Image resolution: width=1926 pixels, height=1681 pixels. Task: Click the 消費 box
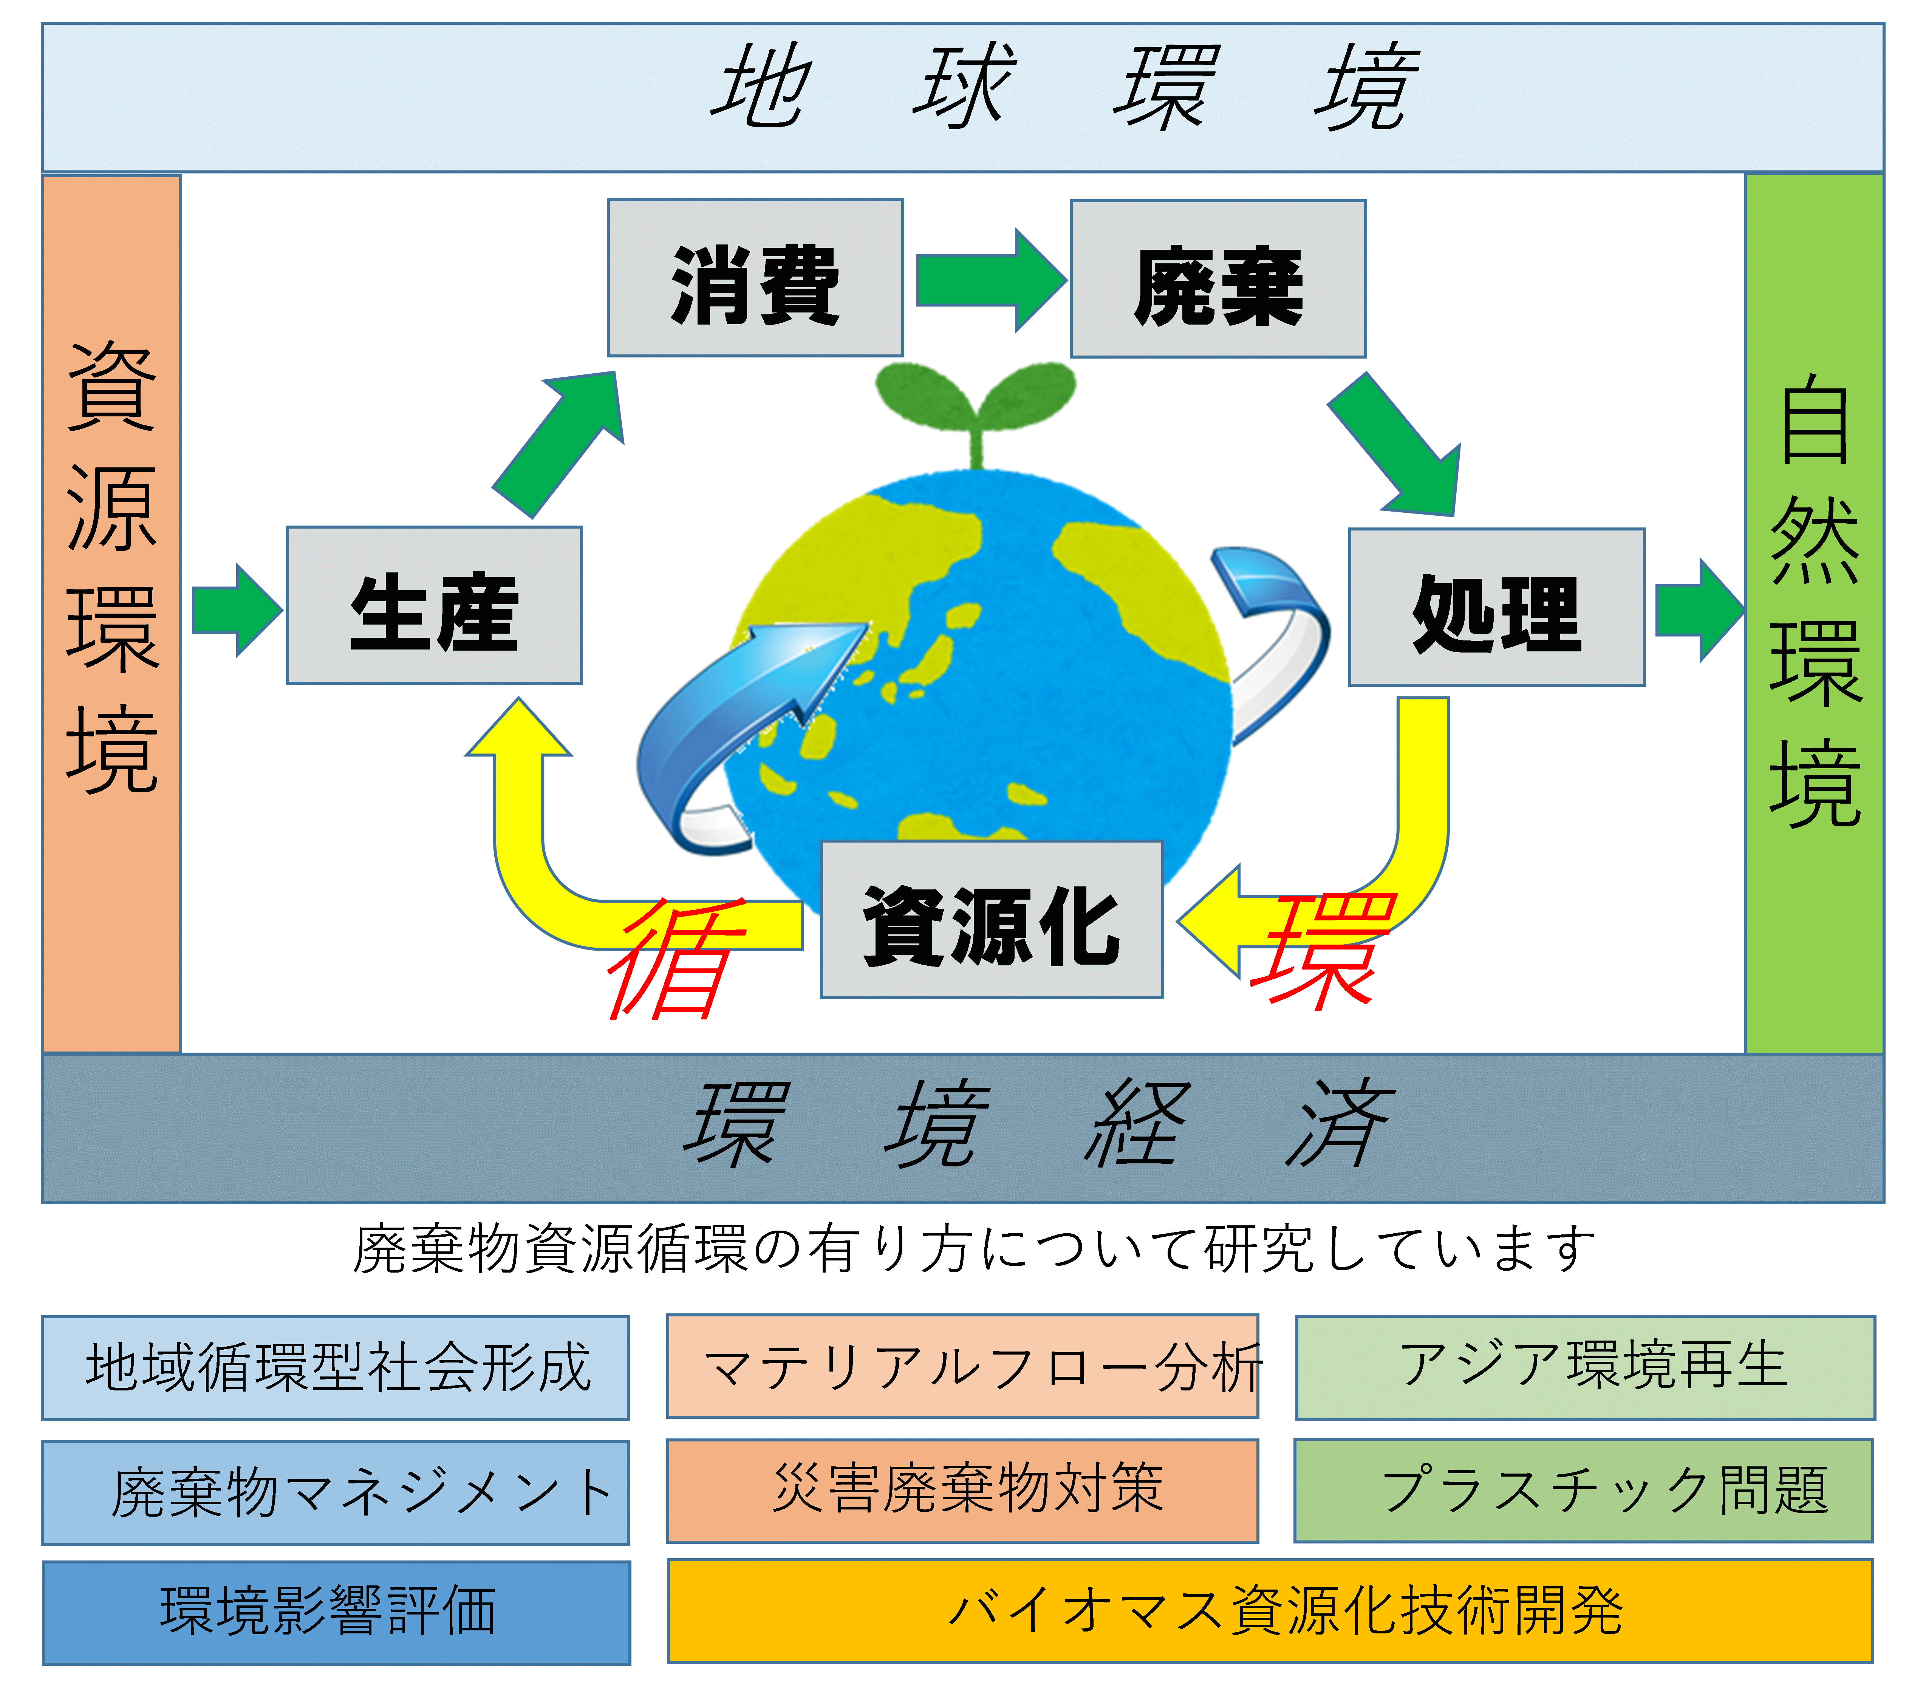click(755, 278)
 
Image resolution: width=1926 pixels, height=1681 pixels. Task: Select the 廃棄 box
click(1218, 278)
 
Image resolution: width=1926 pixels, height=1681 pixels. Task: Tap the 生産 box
click(434, 605)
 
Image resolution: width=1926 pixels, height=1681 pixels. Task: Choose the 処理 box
click(1496, 607)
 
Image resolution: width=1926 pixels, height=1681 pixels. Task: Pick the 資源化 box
click(992, 919)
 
